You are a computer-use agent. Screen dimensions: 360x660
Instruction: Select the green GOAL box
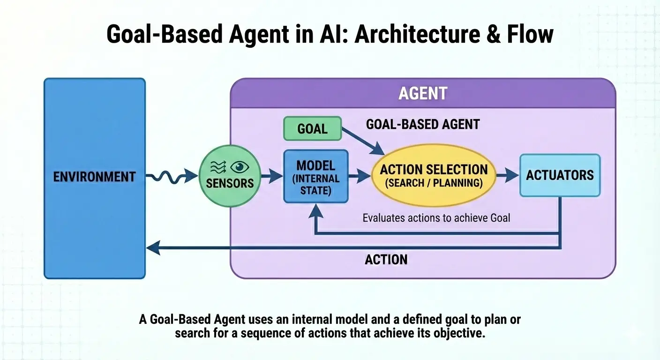(312, 128)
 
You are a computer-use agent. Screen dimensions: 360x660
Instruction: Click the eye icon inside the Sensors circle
(241, 167)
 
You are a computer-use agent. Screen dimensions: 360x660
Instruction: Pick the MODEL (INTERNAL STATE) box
(316, 176)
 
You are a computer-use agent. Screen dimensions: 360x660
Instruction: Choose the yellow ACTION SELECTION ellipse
(434, 176)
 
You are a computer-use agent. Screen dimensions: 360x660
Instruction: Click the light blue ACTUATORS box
(560, 175)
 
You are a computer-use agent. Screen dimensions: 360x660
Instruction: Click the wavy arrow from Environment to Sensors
(171, 177)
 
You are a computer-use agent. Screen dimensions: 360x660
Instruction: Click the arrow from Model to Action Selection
(360, 177)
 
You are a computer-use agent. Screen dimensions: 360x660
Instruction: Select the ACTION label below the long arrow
(386, 259)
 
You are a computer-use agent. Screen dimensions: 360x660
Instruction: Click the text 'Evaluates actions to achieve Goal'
(436, 217)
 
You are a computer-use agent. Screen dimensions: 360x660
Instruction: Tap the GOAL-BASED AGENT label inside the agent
(422, 124)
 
